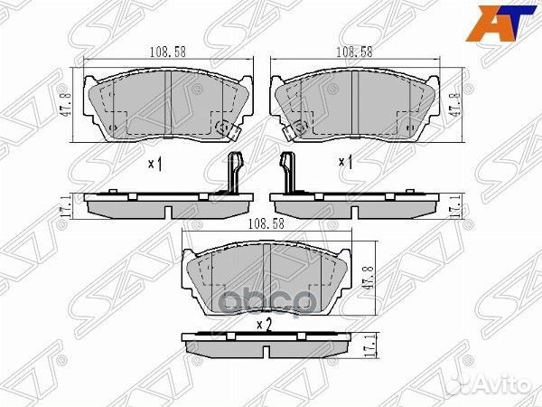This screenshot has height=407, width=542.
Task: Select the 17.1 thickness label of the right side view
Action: click(458, 206)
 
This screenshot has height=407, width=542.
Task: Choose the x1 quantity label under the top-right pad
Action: click(343, 164)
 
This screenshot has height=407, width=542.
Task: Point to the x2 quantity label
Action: click(264, 323)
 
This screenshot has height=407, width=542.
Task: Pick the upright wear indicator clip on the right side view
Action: click(290, 174)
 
